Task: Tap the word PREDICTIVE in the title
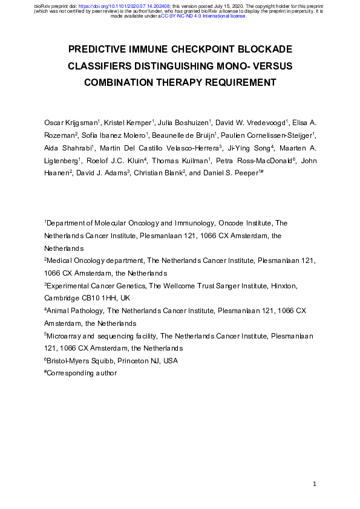click(x=100, y=48)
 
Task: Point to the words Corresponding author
click(x=81, y=374)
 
